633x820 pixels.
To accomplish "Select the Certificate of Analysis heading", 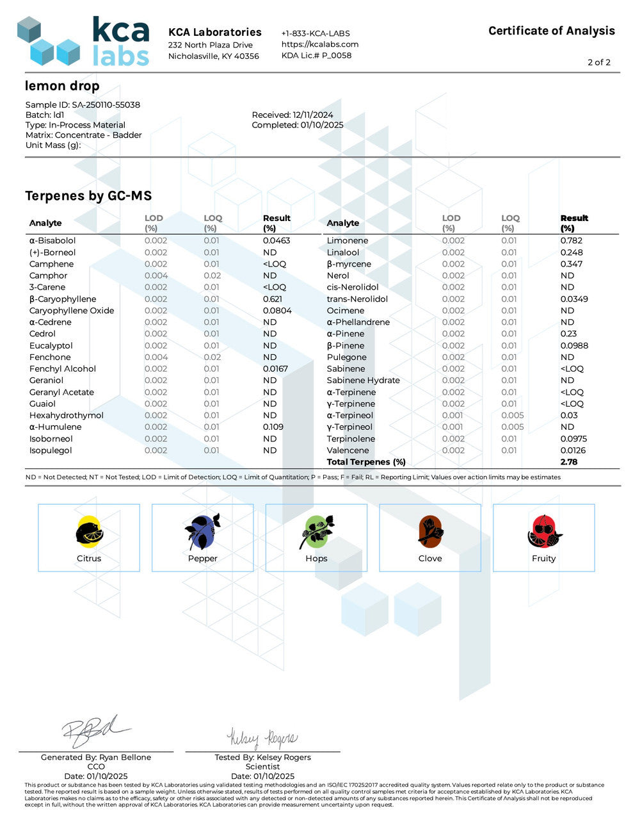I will [551, 31].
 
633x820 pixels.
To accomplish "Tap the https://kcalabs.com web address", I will [320, 44].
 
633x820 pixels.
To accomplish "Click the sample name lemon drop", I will [62, 86].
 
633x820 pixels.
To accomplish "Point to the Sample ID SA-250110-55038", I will [83, 104].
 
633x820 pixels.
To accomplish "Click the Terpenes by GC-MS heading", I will [88, 196].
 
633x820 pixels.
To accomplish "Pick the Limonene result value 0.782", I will [572, 241].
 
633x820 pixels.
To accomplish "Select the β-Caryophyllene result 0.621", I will [273, 299].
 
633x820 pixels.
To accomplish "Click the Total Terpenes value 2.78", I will [569, 462].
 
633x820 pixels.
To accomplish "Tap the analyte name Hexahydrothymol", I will [67, 415].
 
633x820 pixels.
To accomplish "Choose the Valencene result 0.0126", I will [573, 450].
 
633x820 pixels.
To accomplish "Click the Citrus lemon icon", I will [89, 532].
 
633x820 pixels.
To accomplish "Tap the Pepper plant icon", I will [203, 532].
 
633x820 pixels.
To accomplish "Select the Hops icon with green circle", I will [316, 532].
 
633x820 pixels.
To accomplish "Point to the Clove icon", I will [430, 532].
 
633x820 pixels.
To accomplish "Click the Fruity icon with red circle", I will [544, 532].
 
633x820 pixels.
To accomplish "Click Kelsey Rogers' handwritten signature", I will [262, 739].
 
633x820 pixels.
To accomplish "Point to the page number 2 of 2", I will [599, 62].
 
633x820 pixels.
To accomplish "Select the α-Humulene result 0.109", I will [273, 427].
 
